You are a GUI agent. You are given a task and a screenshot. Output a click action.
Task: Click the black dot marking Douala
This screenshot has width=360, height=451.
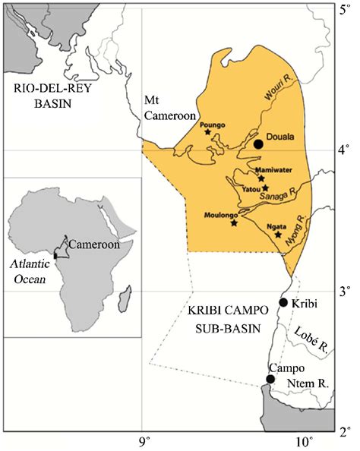click(258, 143)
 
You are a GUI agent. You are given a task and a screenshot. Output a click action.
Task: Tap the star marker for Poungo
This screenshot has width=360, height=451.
click(207, 132)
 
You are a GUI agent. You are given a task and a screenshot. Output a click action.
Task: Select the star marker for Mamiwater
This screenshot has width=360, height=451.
click(262, 178)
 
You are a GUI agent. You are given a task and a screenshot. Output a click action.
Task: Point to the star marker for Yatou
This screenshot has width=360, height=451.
click(265, 188)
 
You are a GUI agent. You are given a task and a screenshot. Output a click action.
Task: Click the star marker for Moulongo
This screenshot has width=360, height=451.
click(234, 223)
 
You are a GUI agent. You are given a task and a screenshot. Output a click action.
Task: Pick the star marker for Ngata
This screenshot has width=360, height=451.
click(278, 234)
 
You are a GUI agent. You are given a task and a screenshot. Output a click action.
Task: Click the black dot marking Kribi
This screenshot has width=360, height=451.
click(283, 302)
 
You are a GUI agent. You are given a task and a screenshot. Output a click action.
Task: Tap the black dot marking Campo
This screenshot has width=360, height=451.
click(270, 379)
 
